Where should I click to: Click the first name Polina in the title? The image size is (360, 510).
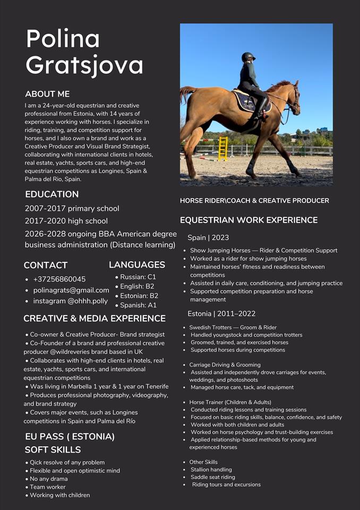point(63,39)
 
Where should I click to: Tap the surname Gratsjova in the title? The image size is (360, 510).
point(84,65)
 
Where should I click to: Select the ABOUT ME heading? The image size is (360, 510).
point(47,94)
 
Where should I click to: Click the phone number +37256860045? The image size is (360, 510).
point(59,279)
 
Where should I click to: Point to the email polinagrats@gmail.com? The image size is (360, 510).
point(71,290)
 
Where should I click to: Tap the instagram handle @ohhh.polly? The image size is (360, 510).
point(71,301)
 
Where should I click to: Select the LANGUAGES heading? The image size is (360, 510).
point(137,265)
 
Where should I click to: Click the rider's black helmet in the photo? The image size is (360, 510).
point(248,57)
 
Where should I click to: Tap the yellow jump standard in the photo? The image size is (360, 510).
point(223,148)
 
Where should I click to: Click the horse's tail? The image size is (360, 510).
point(186,94)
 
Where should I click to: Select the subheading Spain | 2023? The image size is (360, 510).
point(208,237)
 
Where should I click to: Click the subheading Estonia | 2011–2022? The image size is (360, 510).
point(221,314)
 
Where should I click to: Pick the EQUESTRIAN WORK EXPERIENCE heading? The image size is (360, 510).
point(248,220)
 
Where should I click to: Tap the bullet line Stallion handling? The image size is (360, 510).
point(211,470)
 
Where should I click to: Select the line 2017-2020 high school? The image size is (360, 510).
point(66,221)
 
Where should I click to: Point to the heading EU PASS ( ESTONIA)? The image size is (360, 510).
point(70,437)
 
